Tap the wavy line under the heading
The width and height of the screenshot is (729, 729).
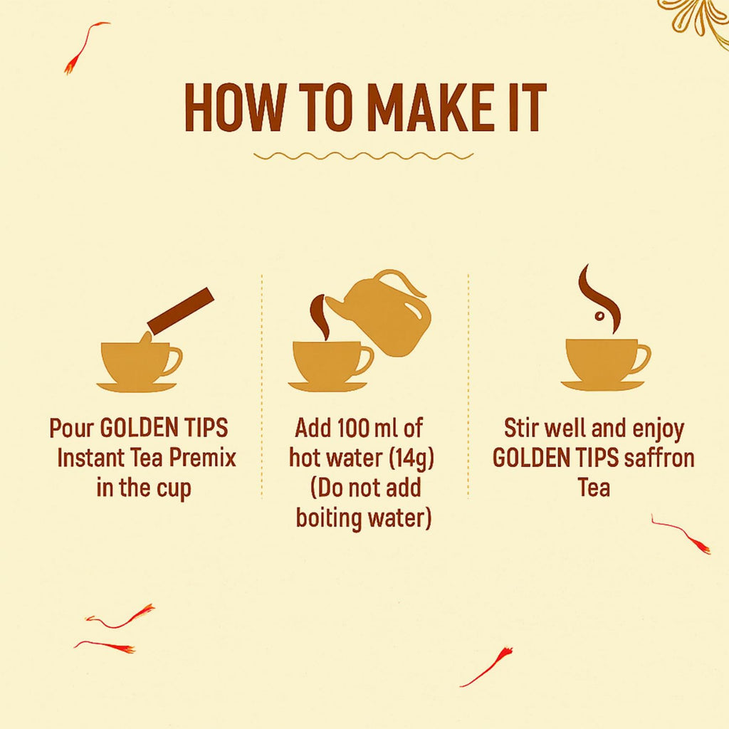363,155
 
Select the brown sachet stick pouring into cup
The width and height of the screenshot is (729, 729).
181,310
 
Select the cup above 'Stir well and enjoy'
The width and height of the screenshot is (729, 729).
602,360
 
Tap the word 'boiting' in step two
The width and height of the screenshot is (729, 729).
329,518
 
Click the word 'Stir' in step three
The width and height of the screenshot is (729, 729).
521,429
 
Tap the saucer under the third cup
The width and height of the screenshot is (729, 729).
602,386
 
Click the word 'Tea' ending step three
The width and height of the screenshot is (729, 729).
593,488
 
